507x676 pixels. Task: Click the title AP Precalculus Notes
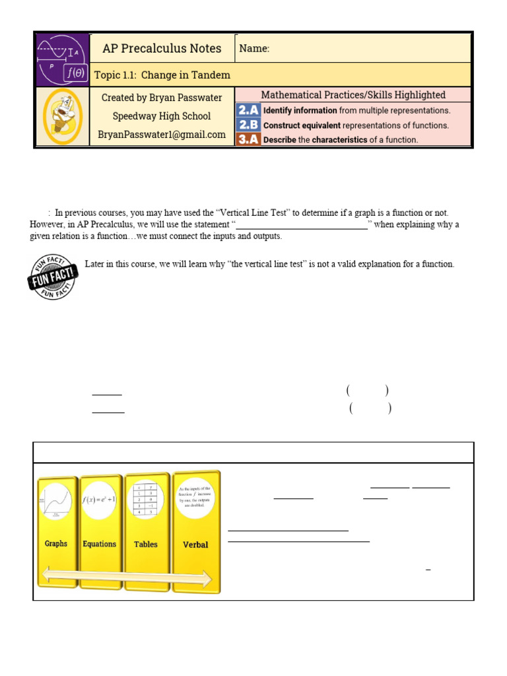click(161, 48)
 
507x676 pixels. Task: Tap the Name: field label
click(254, 48)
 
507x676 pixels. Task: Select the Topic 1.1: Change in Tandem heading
click(162, 75)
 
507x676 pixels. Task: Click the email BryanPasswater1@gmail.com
click(162, 135)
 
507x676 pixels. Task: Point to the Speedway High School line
click(162, 116)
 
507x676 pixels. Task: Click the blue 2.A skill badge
click(248, 110)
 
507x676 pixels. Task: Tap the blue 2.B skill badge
click(248, 125)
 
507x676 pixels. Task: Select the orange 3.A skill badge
click(248, 139)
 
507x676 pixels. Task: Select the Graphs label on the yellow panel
click(56, 544)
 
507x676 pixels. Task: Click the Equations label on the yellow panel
click(100, 544)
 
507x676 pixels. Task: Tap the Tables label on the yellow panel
click(146, 544)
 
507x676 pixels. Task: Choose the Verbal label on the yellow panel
click(195, 545)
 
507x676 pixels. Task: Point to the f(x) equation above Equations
click(100, 500)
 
